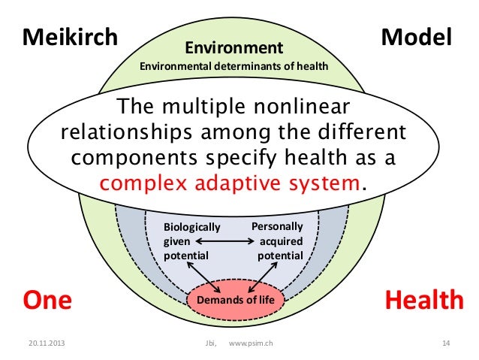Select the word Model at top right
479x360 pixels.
coord(416,37)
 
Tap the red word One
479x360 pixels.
coord(48,301)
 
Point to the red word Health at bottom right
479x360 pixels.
coord(423,301)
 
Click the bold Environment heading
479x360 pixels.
coord(234,48)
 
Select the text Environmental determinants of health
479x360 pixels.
coord(234,67)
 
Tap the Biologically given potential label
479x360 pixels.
coord(191,241)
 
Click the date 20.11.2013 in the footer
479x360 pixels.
coord(43,343)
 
